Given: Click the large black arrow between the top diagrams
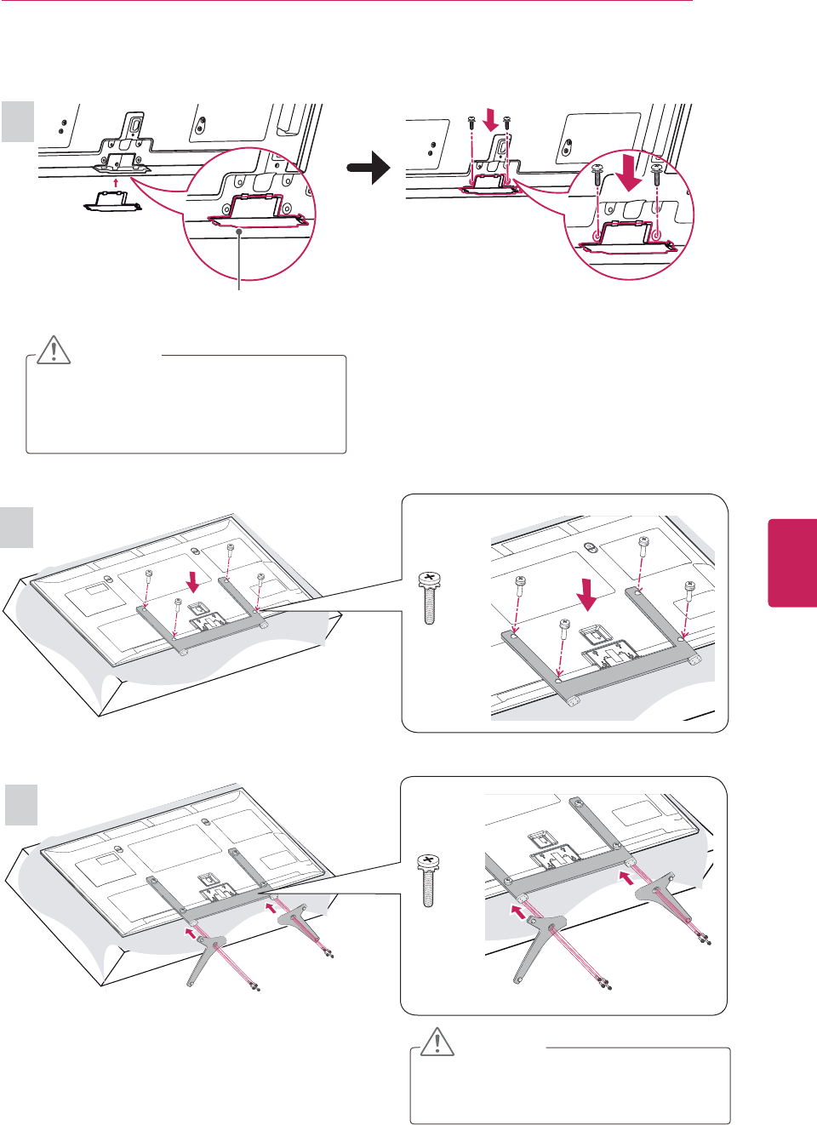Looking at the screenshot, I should (369, 168).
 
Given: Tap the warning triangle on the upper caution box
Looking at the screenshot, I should (54, 349).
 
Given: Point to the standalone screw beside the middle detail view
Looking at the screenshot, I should (429, 597).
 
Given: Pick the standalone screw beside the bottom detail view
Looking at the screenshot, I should (429, 880).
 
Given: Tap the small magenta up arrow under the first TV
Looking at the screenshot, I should (116, 180).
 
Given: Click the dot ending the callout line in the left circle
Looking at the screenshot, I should (241, 231).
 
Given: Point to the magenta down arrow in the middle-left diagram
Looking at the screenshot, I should (195, 581).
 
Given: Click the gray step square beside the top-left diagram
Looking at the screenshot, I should (18, 122).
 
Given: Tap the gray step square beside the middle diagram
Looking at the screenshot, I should (17, 528).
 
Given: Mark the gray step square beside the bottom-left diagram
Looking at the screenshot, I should (21, 804).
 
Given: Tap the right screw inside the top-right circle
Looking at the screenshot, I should (656, 173).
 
